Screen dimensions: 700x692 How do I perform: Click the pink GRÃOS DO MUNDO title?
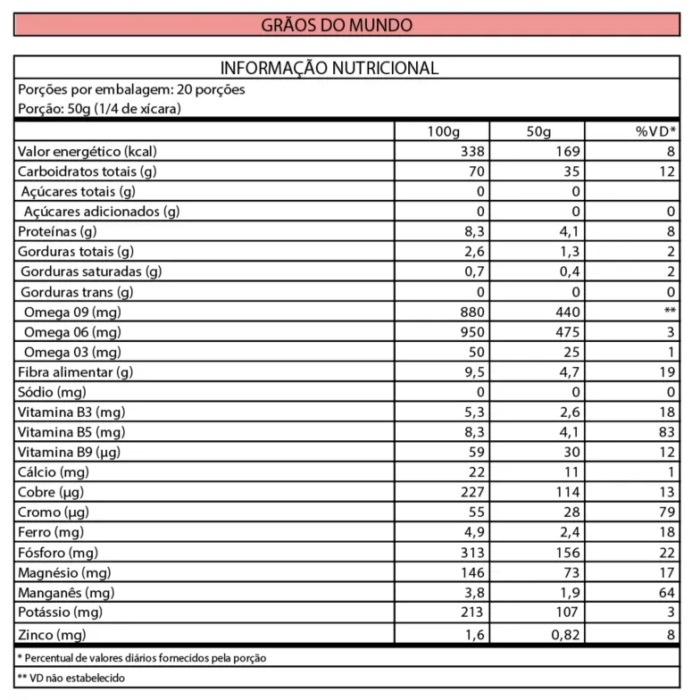pyautogui.click(x=337, y=24)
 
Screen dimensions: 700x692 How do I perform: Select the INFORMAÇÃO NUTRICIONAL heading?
pyautogui.click(x=329, y=68)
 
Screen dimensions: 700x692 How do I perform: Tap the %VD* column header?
pyautogui.click(x=655, y=131)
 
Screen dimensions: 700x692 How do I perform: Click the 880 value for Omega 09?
pyautogui.click(x=471, y=312)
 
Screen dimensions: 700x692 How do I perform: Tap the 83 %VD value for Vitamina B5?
pyautogui.click(x=667, y=432)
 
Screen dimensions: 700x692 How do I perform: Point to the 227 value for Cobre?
pyautogui.click(x=471, y=492)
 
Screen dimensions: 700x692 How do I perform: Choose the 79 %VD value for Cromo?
pyautogui.click(x=667, y=512)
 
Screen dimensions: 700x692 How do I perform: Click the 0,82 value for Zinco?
pyautogui.click(x=563, y=633)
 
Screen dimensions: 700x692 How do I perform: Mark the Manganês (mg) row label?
pyautogui.click(x=66, y=593)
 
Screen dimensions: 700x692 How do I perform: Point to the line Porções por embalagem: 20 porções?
pyautogui.click(x=131, y=89)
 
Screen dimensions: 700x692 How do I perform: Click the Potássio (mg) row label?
pyautogui.click(x=61, y=612)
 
